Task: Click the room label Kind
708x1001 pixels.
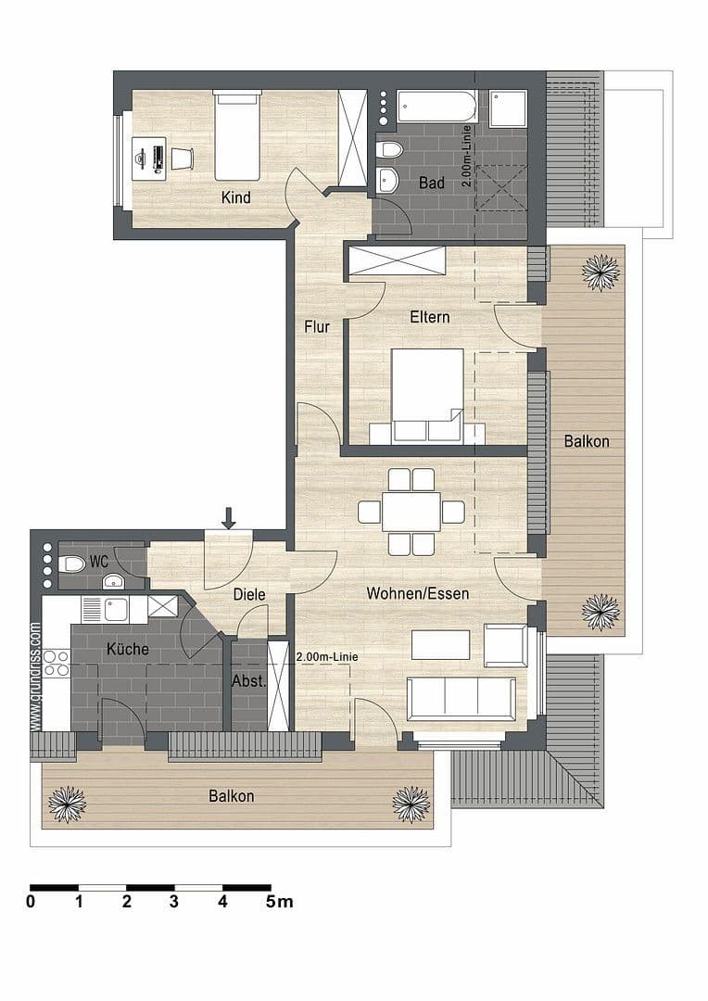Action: point(235,197)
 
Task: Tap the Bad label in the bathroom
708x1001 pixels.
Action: point(432,183)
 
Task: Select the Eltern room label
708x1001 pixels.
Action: point(430,317)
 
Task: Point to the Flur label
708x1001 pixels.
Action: point(317,326)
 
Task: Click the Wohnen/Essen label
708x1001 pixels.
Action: point(417,593)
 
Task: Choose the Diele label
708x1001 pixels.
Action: point(249,595)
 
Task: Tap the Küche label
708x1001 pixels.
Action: point(127,649)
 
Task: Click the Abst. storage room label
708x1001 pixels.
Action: point(247,681)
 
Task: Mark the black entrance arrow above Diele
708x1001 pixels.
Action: point(228,518)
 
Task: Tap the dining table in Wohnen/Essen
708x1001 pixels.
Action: point(411,512)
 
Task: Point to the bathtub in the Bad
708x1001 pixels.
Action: point(436,107)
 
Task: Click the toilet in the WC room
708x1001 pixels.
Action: point(72,564)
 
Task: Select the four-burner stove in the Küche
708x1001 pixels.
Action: point(57,664)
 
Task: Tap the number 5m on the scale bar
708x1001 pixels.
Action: point(279,901)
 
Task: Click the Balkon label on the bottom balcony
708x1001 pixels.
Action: point(231,795)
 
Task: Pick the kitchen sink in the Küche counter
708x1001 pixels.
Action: point(116,609)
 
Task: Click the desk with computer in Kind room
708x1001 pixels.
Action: point(150,157)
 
